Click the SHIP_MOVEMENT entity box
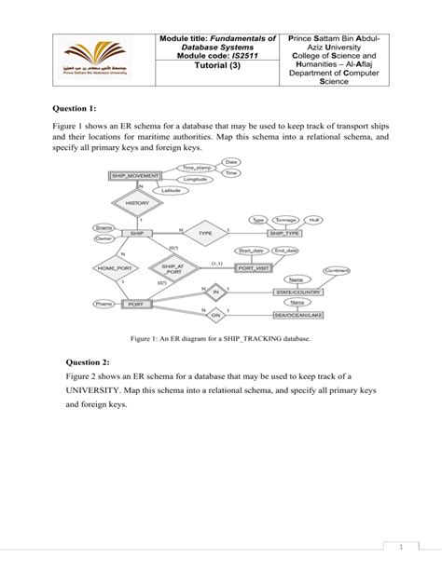[x=135, y=175]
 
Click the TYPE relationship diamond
[x=206, y=233]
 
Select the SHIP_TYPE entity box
[x=284, y=233]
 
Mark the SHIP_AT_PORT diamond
[x=174, y=267]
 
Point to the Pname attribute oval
[x=104, y=304]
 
